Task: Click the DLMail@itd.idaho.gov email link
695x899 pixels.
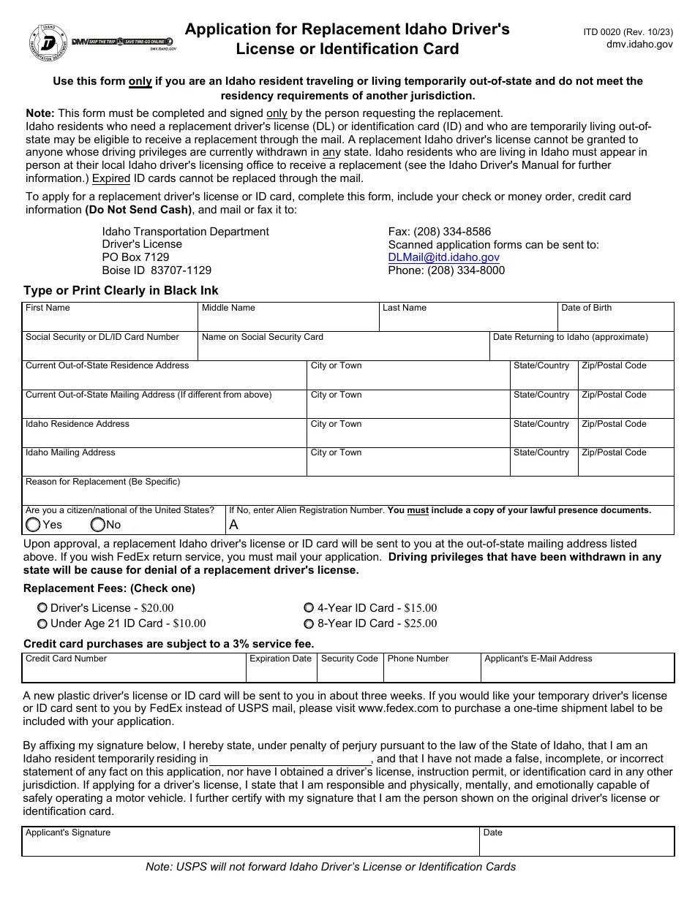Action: [x=443, y=257]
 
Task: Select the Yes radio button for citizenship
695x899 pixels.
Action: [x=33, y=525]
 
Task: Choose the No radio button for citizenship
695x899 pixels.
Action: [x=97, y=525]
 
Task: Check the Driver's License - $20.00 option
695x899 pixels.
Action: [x=42, y=607]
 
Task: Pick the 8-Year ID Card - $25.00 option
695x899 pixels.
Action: [x=309, y=623]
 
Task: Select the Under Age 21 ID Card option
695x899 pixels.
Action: [x=42, y=623]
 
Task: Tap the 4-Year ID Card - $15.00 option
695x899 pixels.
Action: [x=309, y=607]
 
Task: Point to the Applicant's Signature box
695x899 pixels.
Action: [x=250, y=845]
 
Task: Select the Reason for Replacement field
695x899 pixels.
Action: [x=347, y=494]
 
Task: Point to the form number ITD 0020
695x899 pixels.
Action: [x=628, y=32]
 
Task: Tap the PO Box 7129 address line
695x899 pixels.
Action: [x=135, y=257]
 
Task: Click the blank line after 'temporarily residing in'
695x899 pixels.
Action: [x=290, y=759]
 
